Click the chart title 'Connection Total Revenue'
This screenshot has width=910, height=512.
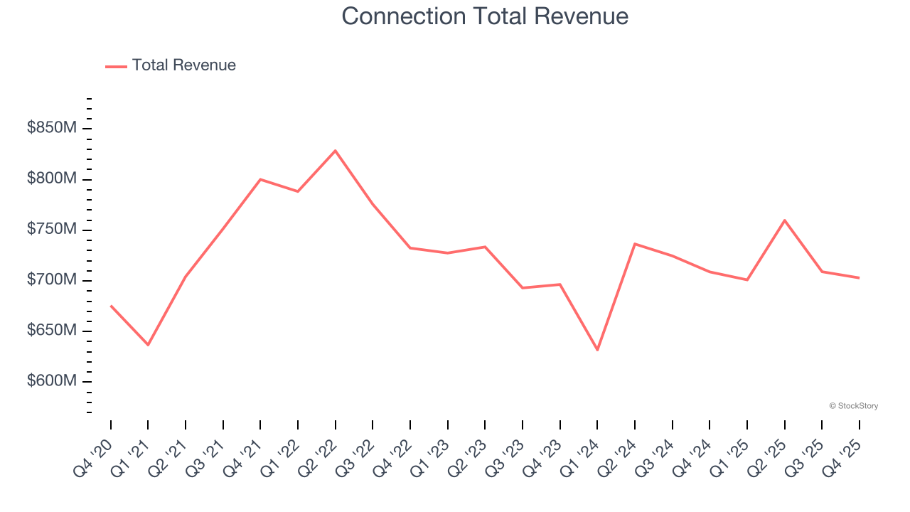tap(485, 16)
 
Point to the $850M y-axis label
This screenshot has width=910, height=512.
tap(51, 128)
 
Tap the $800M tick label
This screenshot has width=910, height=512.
tap(51, 178)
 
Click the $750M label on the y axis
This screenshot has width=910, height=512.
tap(51, 229)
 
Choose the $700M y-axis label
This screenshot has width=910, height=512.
tap(51, 280)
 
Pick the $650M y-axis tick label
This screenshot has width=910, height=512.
tap(51, 331)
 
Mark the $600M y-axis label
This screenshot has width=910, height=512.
tap(51, 381)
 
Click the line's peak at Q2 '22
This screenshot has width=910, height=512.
tap(336, 151)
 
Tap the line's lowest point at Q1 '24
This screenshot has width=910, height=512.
tap(597, 350)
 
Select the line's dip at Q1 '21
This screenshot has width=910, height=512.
tap(148, 345)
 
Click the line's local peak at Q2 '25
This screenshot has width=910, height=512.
tap(784, 220)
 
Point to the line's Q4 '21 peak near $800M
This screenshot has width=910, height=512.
tap(260, 179)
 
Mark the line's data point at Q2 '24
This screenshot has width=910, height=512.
tap(635, 244)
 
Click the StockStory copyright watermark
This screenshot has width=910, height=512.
tap(853, 406)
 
